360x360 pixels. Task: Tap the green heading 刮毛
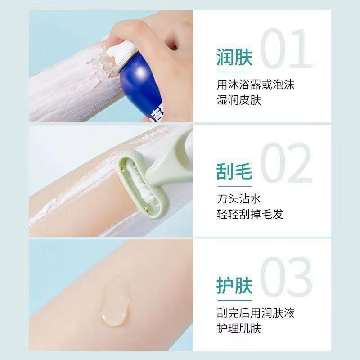(234, 172)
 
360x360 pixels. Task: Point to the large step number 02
(286, 163)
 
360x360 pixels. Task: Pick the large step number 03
(286, 276)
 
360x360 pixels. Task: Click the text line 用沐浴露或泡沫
(255, 84)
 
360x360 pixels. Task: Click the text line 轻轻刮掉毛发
(250, 214)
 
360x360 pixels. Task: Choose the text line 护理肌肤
(238, 328)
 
